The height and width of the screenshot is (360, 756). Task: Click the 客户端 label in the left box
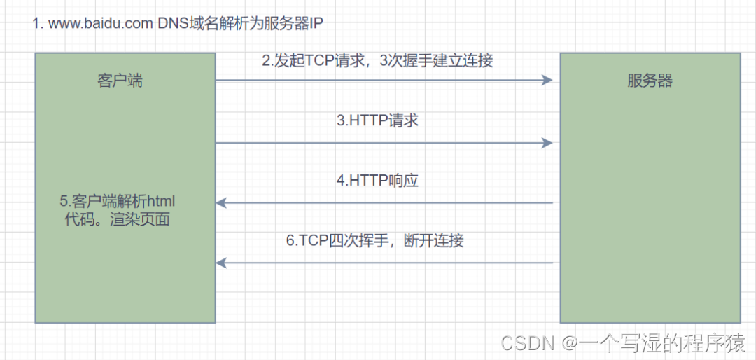point(119,81)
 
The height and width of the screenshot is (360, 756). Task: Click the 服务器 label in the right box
point(650,81)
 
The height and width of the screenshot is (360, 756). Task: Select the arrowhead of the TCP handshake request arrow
point(548,81)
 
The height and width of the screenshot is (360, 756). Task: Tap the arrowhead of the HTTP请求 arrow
point(548,143)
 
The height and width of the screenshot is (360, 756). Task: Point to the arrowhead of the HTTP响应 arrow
point(221,203)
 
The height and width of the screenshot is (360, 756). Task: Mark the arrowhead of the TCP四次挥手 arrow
point(221,263)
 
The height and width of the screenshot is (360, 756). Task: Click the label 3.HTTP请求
point(377,120)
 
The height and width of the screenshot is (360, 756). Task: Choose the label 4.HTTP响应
point(377,181)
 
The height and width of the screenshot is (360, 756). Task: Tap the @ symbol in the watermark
point(568,342)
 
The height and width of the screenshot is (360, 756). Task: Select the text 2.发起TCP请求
point(314,60)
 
